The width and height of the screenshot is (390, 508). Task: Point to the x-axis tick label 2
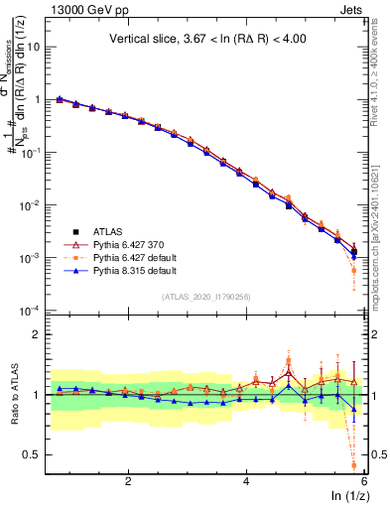point(128,480)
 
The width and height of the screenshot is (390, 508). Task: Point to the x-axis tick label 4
point(246,480)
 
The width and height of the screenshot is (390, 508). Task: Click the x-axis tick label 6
point(363,480)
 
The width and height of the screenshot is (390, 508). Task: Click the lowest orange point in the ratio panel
point(354,463)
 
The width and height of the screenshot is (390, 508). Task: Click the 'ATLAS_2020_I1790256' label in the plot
point(205,296)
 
